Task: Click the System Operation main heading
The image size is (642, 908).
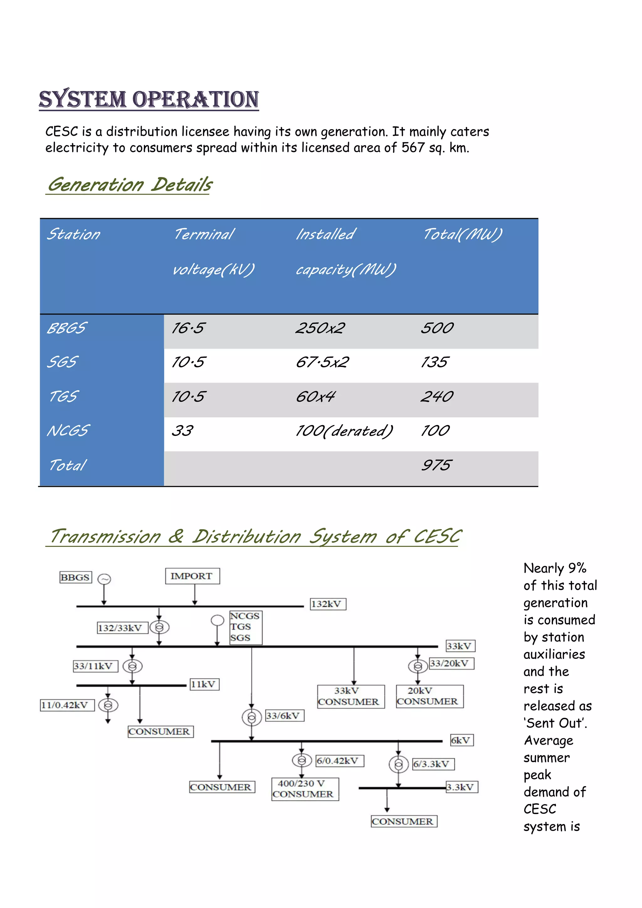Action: tap(149, 99)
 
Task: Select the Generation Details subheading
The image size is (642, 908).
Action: tap(130, 185)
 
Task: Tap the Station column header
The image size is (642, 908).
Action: tap(74, 234)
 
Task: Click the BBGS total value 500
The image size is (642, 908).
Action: tap(437, 328)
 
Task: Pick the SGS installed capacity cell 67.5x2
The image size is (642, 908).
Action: tap(322, 362)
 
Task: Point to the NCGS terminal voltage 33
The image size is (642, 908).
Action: tap(182, 431)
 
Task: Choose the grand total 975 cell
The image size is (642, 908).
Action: tap(436, 465)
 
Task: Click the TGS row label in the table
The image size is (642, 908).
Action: tap(63, 396)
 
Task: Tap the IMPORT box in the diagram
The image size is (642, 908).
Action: tap(192, 576)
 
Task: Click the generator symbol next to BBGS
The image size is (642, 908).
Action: tap(104, 579)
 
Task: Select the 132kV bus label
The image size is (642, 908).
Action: tap(328, 604)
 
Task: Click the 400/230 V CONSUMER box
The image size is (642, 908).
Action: tap(305, 789)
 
